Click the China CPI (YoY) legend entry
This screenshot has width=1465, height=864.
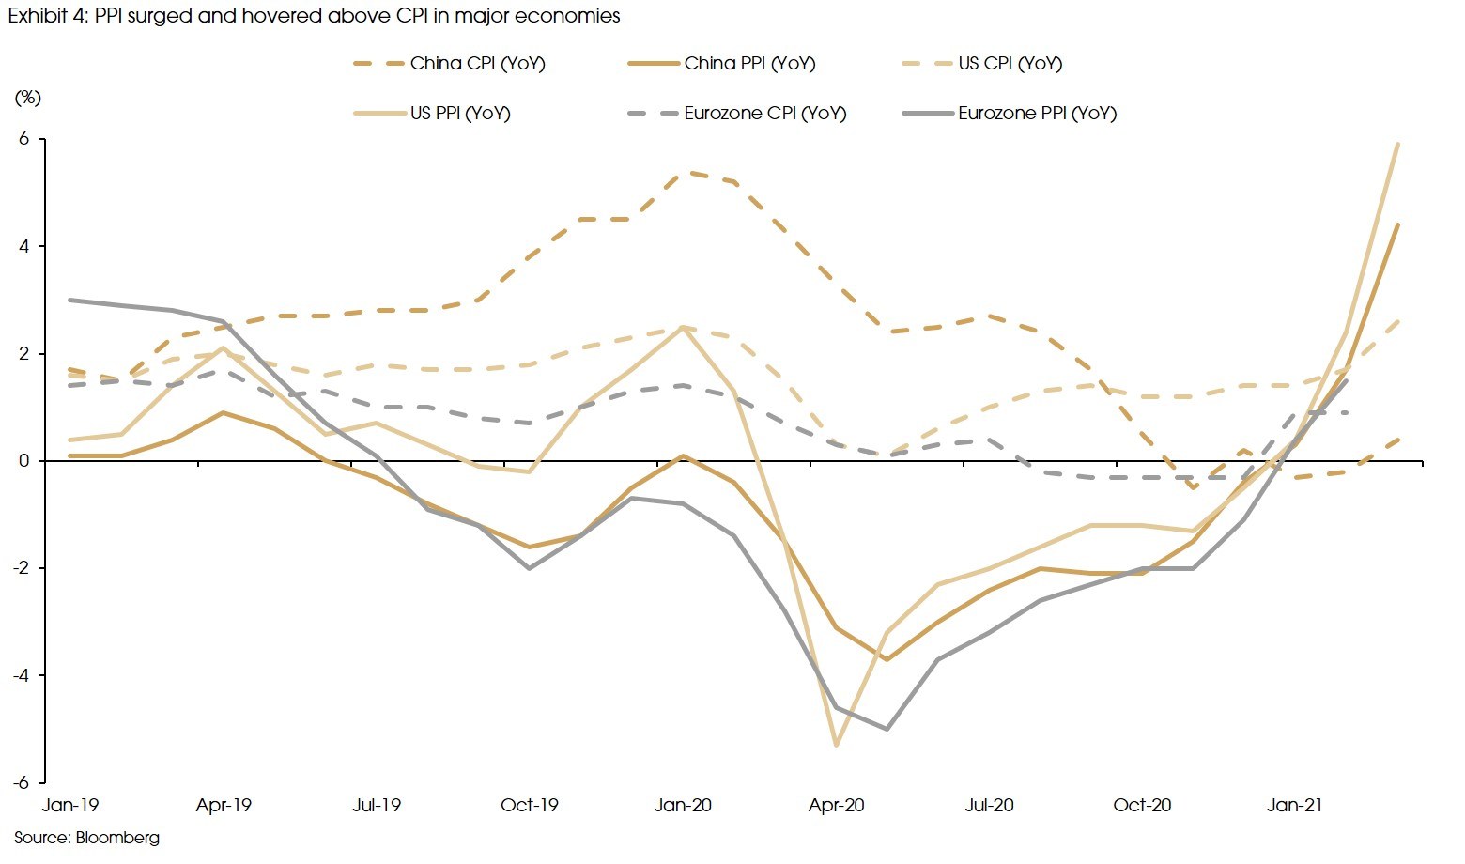[x=476, y=64]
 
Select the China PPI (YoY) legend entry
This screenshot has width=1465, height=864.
[x=748, y=64]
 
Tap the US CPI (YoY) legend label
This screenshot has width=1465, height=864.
[x=1010, y=64]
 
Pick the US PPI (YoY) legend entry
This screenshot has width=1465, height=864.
[x=459, y=114]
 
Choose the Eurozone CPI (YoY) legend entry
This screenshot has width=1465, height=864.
[x=764, y=114]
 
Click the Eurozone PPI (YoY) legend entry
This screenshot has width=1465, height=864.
[x=1037, y=114]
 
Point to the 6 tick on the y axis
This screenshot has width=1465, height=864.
[x=25, y=139]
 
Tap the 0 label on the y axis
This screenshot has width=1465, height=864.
[x=25, y=461]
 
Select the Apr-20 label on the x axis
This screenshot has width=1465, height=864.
[x=836, y=806]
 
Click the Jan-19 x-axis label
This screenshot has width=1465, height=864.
[x=70, y=806]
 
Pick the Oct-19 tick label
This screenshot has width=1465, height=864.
[x=530, y=806]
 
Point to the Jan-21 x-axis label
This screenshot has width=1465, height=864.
[x=1295, y=806]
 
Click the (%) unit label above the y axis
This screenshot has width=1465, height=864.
[x=27, y=98]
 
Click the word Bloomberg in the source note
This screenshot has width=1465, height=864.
[x=117, y=838]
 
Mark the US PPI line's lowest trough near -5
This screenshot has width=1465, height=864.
[x=836, y=745]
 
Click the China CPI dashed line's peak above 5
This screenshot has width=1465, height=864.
[x=683, y=172]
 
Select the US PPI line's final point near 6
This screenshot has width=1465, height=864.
[x=1397, y=144]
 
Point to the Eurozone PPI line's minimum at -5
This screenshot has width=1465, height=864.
[x=887, y=729]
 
